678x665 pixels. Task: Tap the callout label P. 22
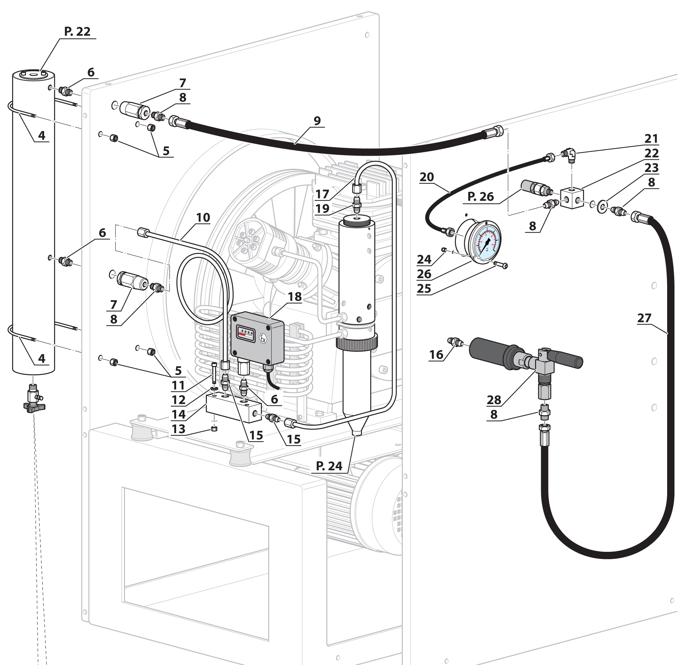coord(77,32)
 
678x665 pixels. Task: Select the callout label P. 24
coord(329,466)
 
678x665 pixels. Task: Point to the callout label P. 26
coord(480,197)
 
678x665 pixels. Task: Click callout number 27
coord(644,318)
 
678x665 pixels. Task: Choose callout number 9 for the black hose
coord(317,121)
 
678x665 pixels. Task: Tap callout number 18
coord(294,296)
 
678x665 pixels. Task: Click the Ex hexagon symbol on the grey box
coord(263,338)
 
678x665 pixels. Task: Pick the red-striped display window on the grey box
coord(245,332)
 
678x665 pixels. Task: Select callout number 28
coord(494,400)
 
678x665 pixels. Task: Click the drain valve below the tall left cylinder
coord(34,398)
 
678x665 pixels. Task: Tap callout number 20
coord(427,177)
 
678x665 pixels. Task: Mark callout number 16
coord(436,355)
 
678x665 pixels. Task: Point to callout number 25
coord(424,289)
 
